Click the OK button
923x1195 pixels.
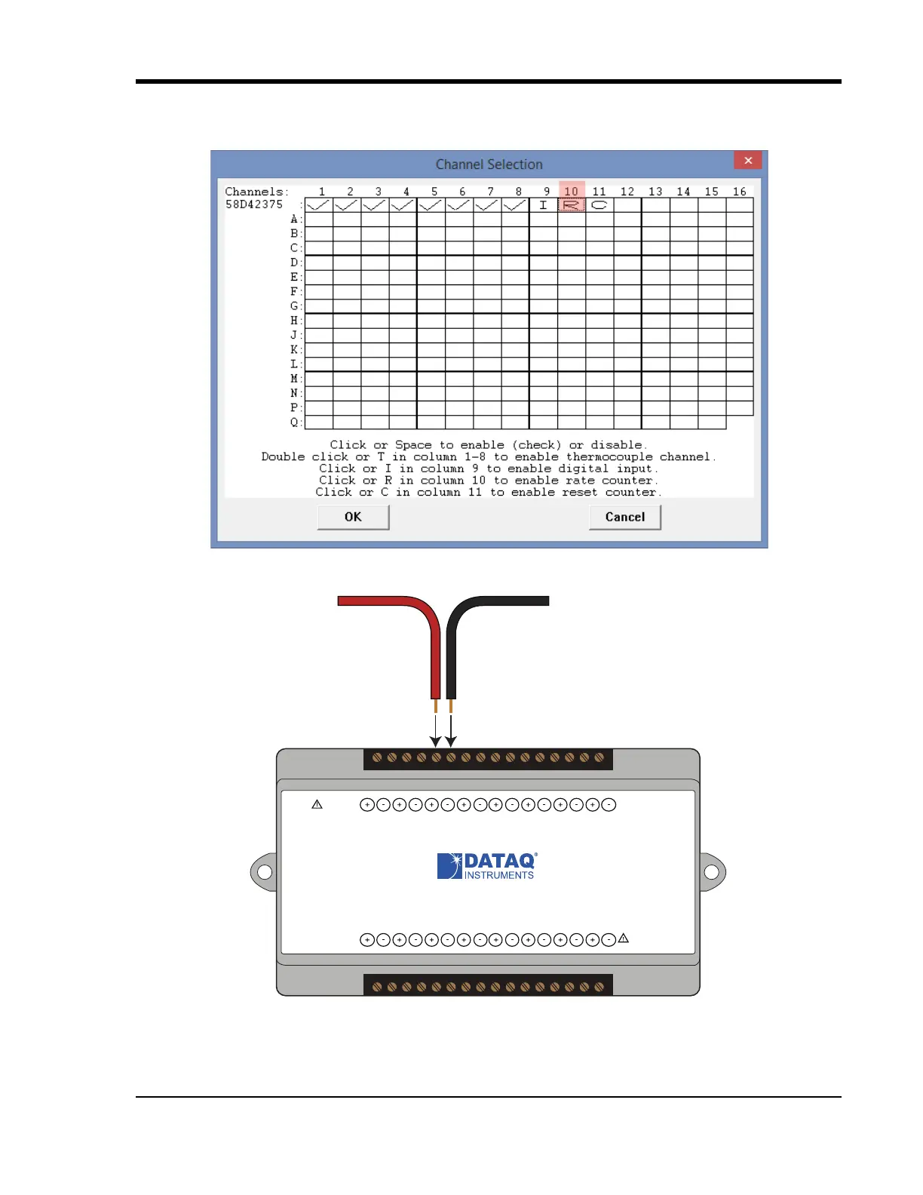pos(353,517)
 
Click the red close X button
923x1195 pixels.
pos(747,160)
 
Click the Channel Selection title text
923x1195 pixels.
pos(489,164)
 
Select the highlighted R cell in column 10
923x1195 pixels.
pos(572,204)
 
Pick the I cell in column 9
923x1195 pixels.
pos(543,204)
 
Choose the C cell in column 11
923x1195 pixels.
pos(599,204)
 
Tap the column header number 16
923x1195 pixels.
pos(739,192)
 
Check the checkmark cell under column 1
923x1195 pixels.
pos(318,204)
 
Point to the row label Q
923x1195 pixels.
pos(294,422)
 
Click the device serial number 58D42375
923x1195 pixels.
pos(254,204)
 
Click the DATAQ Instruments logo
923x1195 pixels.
pos(487,866)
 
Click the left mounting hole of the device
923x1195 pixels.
pos(265,872)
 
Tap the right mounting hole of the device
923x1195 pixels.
pos(711,872)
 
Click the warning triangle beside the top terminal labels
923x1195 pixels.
pos(317,804)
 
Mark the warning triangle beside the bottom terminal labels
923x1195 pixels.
pos(623,939)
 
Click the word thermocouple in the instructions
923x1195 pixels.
pos(609,457)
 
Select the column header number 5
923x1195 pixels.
pos(434,192)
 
